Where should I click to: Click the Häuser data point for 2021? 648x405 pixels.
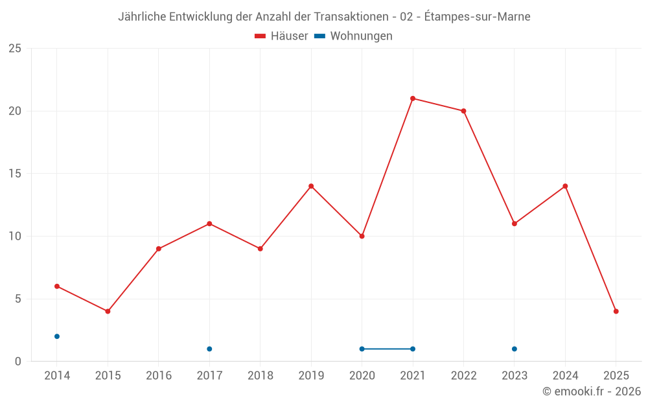tap(413, 98)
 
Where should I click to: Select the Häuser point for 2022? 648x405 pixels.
tap(463, 111)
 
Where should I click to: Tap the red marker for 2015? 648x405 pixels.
tap(108, 311)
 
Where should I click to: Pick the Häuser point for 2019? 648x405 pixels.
tap(311, 186)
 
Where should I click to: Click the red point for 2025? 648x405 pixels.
tap(616, 311)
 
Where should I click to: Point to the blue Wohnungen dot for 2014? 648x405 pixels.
tap(57, 336)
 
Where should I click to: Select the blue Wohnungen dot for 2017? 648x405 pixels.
tap(209, 349)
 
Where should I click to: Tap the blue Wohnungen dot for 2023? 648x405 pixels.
tap(515, 349)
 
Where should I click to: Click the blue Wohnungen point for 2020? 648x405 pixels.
tap(362, 349)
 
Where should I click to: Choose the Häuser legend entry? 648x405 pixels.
tap(281, 36)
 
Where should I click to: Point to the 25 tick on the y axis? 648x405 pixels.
tap(15, 49)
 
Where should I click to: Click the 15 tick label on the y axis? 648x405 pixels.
tap(15, 174)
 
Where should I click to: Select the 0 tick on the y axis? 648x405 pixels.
tap(18, 361)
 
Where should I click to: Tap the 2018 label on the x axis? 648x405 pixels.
tap(260, 376)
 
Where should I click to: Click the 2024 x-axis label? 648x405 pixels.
tap(565, 376)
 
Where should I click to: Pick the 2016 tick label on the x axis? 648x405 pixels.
tap(159, 376)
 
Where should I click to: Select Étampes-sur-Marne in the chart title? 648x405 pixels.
tap(478, 17)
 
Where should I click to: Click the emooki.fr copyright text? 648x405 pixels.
tap(592, 391)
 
